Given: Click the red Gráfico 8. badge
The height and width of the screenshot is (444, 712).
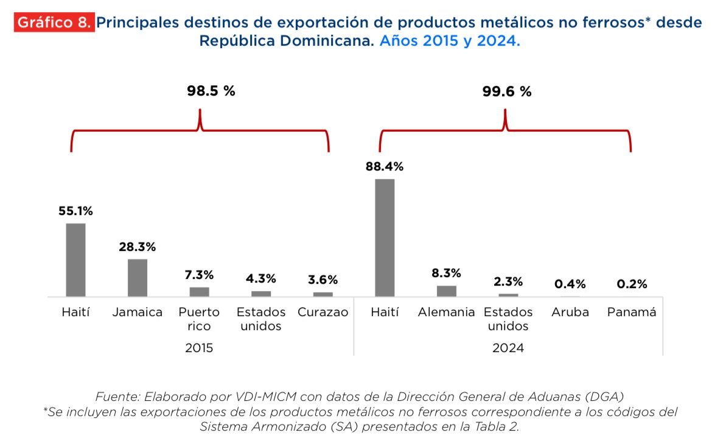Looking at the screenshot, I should coord(54,23).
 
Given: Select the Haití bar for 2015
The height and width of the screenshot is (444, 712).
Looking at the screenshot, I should coord(75,259).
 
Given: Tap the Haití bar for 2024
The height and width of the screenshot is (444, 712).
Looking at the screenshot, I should coord(385,238).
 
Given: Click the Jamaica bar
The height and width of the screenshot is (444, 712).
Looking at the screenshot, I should coord(138,278).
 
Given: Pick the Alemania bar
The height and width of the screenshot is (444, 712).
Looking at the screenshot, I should coord(446,291).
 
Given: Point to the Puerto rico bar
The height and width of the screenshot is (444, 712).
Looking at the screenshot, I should coord(199,292).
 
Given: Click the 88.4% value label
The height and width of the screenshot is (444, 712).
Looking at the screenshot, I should coord(385,166).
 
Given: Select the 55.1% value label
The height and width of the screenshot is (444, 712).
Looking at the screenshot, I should coord(75,211).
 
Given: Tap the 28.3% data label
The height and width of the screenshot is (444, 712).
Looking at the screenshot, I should coord(138,247).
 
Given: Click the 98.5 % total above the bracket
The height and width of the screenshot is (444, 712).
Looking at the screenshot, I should coord(211,91).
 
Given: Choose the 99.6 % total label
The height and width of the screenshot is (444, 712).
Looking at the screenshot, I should coord(507,91).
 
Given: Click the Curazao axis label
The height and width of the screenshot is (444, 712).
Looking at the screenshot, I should coord(323,312).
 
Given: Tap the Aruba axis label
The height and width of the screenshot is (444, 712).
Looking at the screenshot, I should coord(570,312).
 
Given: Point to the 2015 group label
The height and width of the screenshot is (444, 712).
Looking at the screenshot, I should coord(199,348).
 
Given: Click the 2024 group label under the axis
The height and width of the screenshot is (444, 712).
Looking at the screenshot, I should coord(508,348).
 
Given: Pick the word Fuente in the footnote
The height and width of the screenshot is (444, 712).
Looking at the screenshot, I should coord(117,397).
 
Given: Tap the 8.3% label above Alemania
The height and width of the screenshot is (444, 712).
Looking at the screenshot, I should coord(446,273).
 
